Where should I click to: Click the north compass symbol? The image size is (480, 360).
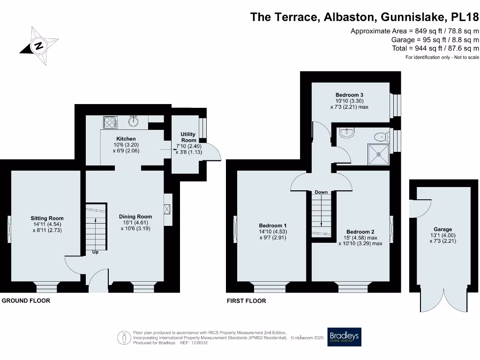[x=39, y=45]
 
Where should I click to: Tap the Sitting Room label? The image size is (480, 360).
[x=47, y=218]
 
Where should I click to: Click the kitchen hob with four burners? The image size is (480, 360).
[x=110, y=122]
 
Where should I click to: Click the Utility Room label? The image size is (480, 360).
[x=188, y=137]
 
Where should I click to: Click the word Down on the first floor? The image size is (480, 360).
[x=321, y=192]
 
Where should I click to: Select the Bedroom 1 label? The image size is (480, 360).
[x=273, y=225]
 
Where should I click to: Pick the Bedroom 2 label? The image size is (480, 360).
[x=360, y=232]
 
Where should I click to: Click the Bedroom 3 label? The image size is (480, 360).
[x=349, y=95]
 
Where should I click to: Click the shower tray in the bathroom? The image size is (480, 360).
[x=379, y=154]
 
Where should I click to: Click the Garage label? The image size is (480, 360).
[x=442, y=230]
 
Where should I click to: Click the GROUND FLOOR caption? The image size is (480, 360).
[x=26, y=300]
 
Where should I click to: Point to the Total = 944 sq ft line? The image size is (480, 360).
[x=435, y=48]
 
